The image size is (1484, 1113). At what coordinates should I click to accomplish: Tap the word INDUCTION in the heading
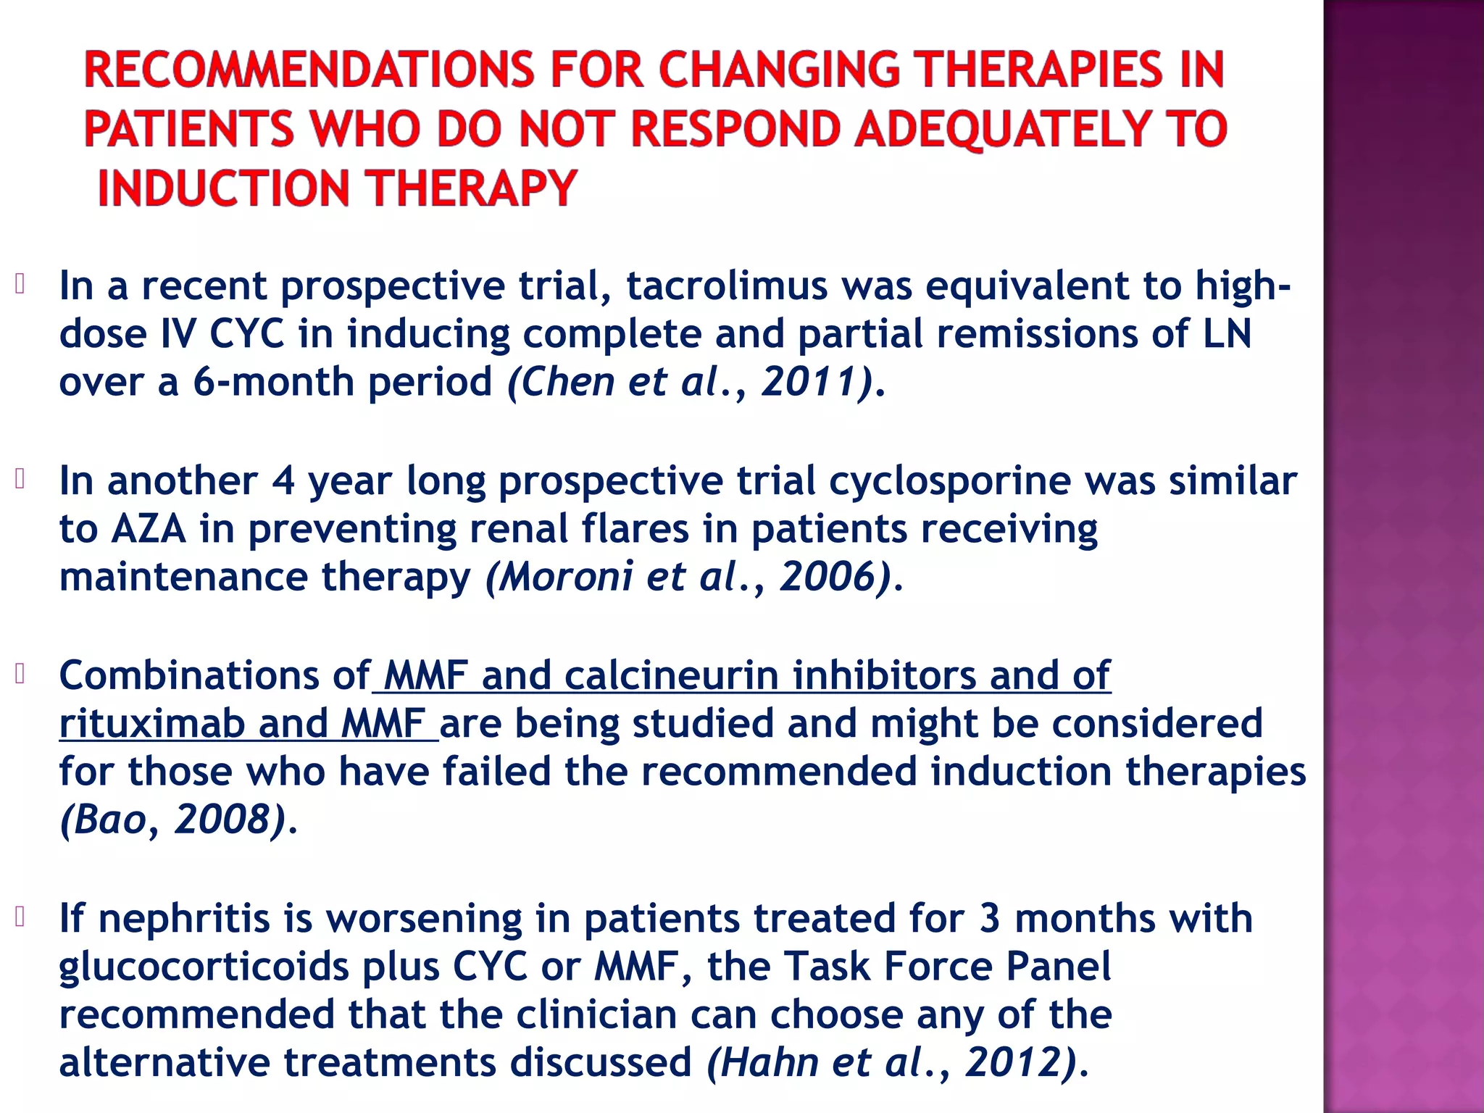coord(223,188)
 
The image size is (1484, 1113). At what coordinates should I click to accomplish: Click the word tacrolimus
coord(727,285)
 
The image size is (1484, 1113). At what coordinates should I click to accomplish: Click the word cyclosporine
coord(949,481)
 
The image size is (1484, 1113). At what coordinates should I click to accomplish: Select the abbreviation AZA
coord(149,529)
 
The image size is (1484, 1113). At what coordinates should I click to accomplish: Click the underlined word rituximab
coord(151,724)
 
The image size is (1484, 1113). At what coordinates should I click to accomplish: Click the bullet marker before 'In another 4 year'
coord(20,479)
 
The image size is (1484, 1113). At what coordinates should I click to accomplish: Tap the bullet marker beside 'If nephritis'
coord(20,917)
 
